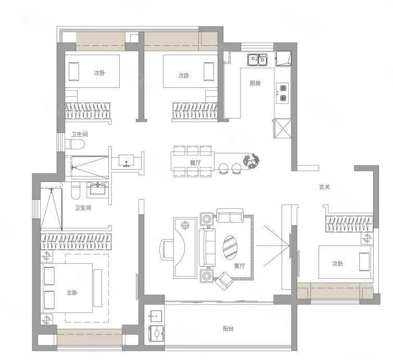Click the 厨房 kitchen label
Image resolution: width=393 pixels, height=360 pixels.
coord(255,83)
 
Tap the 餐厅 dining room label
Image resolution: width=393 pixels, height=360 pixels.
coord(195,163)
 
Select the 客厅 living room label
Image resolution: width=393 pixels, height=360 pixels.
coord(239,266)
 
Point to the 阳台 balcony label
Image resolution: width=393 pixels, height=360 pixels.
coord(229,328)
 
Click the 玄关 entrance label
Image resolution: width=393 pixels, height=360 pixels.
coord(325,187)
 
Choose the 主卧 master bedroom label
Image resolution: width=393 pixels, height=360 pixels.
coord(72,292)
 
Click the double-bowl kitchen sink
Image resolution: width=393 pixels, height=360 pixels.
coord(258,60)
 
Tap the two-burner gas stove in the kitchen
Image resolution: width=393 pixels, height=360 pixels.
coord(283,93)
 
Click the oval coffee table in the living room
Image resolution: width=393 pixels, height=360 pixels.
coord(230,247)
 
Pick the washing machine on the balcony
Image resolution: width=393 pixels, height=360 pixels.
coord(157,333)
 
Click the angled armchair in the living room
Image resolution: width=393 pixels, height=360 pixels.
coord(224,281)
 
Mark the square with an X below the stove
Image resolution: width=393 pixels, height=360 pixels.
coord(283,128)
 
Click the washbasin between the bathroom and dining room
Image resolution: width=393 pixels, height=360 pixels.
coord(126,161)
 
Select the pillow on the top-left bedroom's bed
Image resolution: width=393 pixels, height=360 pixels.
coord(74,72)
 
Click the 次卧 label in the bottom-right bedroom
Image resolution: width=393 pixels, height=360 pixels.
coord(338,264)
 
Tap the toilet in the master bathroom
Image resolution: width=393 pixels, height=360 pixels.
coord(75,190)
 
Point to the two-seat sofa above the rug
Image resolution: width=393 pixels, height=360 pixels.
coord(230,215)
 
